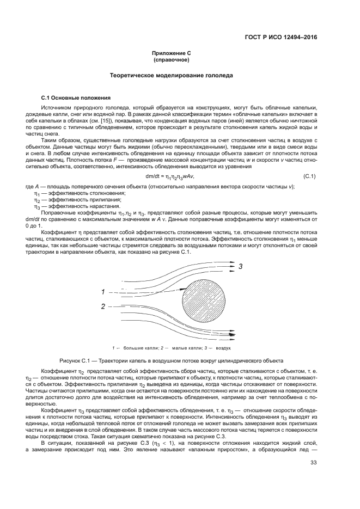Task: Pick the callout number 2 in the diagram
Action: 102,306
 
